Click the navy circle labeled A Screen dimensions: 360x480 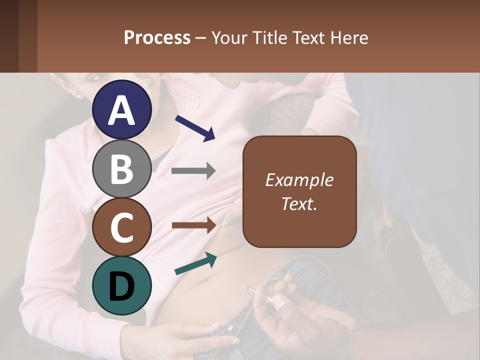(122, 109)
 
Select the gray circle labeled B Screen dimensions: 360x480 (122, 168)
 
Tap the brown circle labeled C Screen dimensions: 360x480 (122, 227)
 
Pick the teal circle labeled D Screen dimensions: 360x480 (122, 285)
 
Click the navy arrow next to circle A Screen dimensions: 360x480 (195, 128)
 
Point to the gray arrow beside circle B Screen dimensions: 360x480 (193, 171)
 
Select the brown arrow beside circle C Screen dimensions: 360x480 (193, 225)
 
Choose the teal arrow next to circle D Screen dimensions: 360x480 (195, 264)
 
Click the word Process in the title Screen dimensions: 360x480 (157, 37)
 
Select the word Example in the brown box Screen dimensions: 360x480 (299, 180)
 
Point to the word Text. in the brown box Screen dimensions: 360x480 (299, 203)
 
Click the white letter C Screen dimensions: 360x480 (122, 227)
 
